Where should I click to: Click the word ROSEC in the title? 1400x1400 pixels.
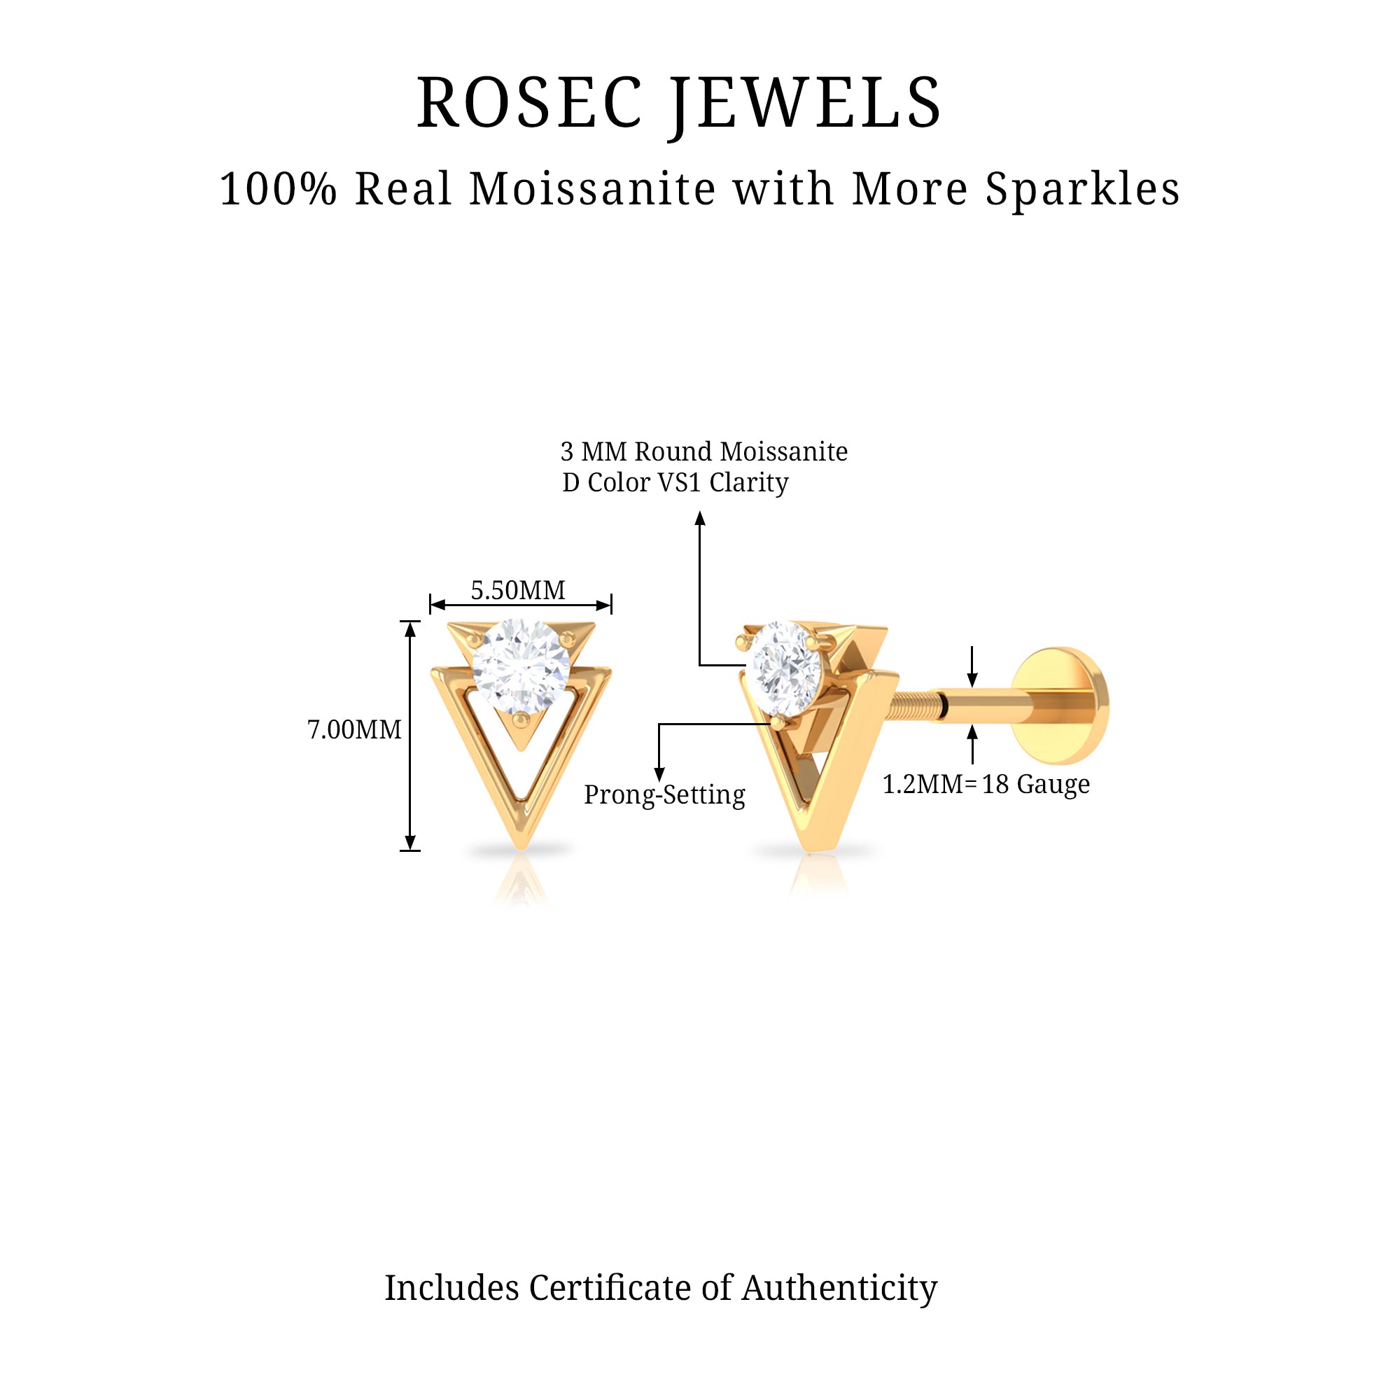528,104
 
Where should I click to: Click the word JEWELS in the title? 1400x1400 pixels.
805,104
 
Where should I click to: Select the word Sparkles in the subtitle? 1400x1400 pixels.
1082,189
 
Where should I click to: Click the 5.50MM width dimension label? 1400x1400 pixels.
518,591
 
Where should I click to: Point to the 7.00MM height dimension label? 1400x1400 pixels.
354,729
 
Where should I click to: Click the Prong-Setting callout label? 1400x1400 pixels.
664,795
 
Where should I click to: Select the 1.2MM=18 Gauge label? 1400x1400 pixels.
986,784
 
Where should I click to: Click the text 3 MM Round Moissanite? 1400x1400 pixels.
703,451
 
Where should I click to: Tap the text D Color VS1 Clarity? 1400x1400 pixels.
675,482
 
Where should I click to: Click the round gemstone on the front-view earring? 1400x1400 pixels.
521,665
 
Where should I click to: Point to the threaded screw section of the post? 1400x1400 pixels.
918,704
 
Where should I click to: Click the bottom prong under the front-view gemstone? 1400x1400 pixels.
521,719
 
